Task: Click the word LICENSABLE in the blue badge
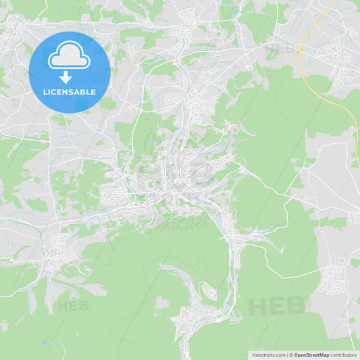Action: coord(69,92)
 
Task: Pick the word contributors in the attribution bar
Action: coord(344,355)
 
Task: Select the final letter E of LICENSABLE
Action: coord(94,92)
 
